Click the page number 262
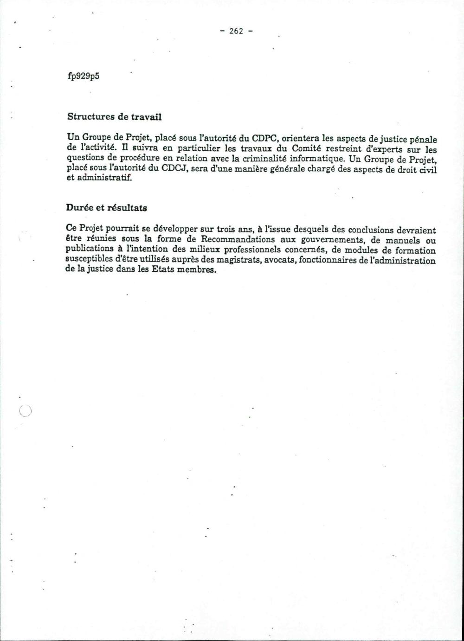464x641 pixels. (x=236, y=31)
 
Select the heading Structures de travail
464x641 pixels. (x=114, y=117)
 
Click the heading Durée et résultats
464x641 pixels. (x=106, y=208)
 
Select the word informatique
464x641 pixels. (x=311, y=159)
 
